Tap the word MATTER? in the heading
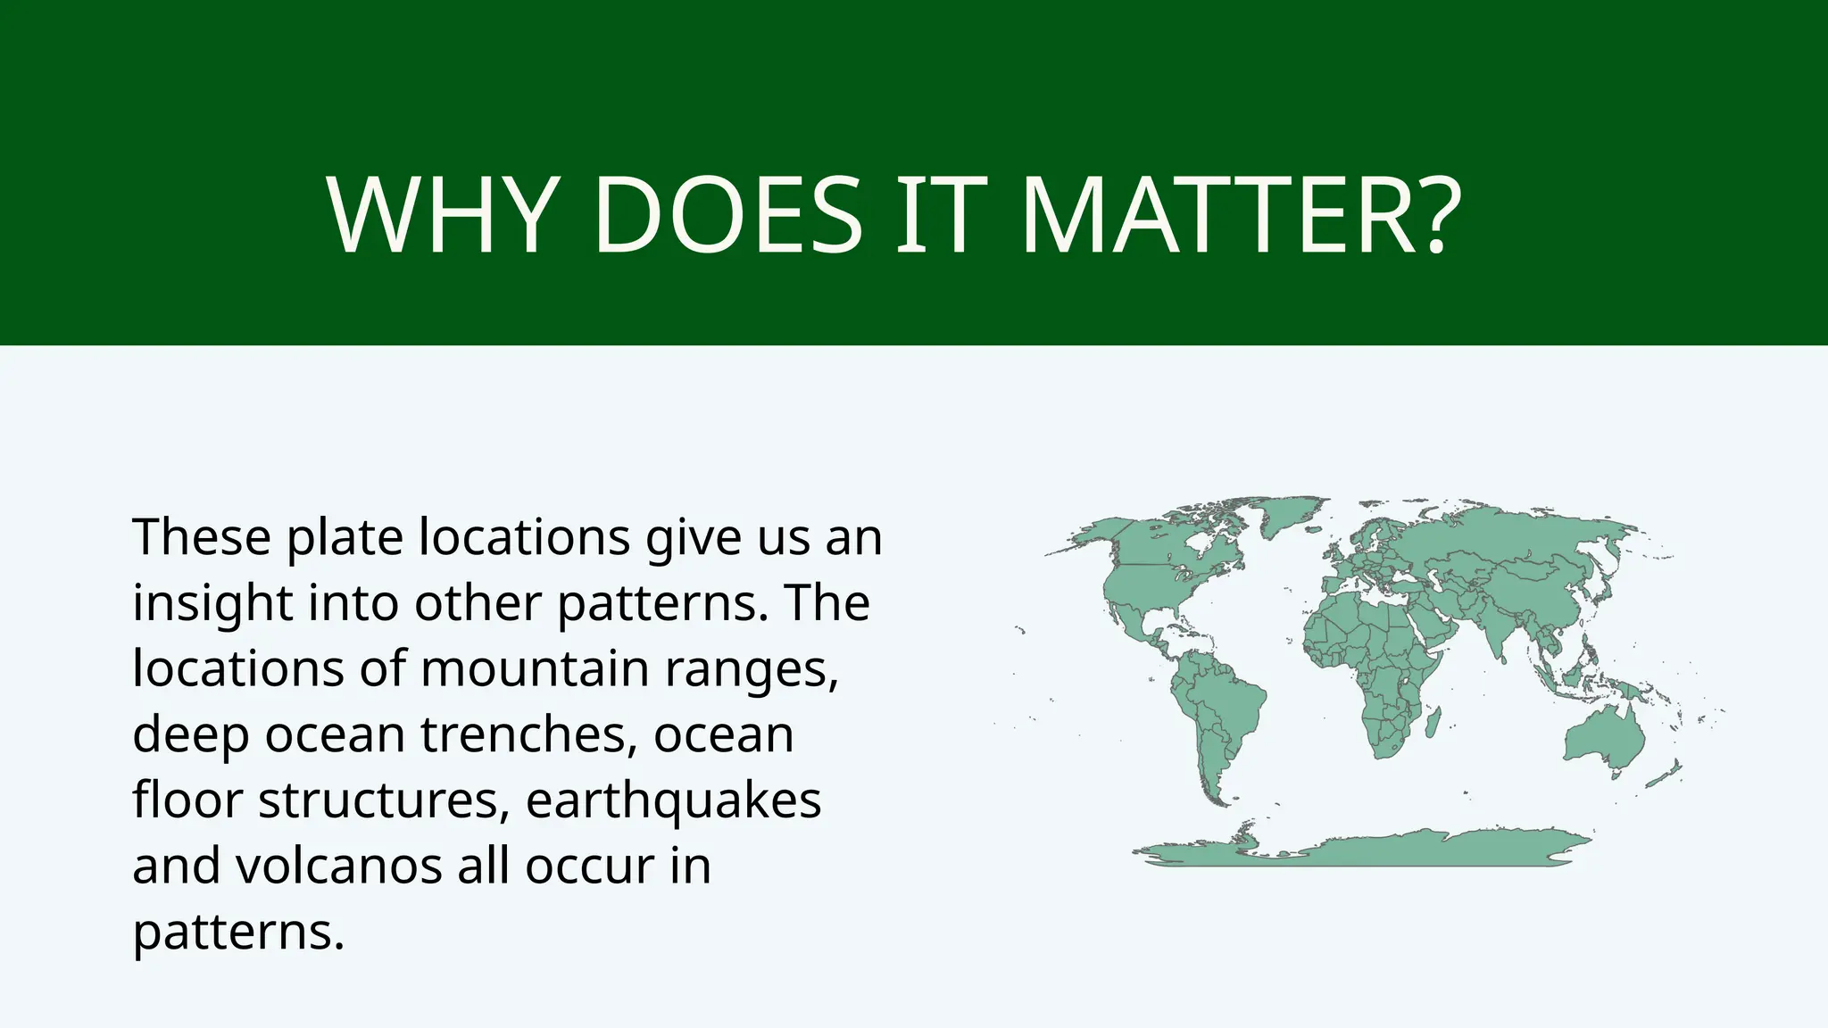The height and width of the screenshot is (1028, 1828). point(1241,217)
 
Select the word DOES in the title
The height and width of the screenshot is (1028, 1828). point(727,217)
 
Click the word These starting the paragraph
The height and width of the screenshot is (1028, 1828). point(202,537)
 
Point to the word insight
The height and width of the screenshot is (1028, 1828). point(212,603)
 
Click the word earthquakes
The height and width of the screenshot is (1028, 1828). point(673,800)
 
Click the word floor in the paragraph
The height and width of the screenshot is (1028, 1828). point(187,800)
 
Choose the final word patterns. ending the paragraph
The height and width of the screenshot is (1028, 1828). point(238,932)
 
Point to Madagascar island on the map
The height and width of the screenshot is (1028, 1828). point(1433,723)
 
